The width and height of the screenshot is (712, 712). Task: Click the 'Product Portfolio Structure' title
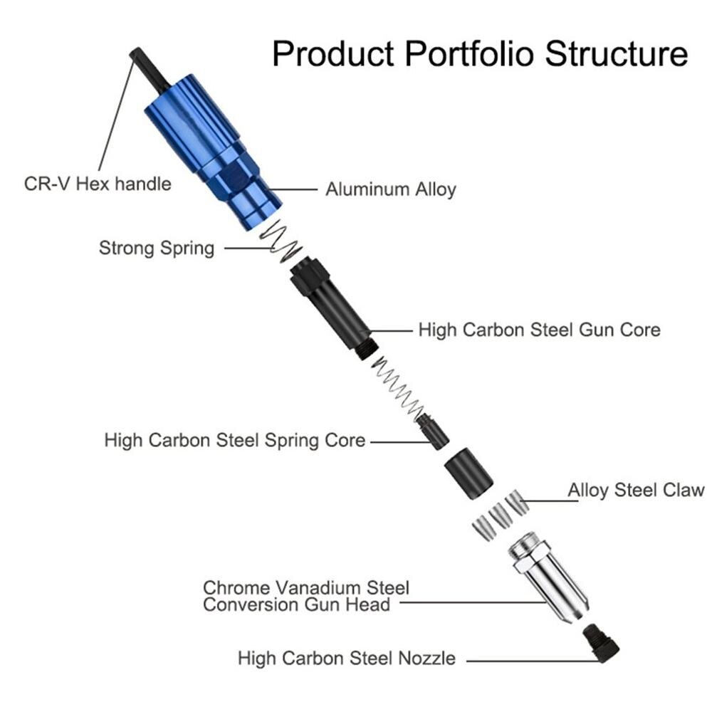[x=479, y=53]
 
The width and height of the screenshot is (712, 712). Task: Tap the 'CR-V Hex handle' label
[x=98, y=184]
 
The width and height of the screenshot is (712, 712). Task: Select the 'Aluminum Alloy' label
[x=390, y=189]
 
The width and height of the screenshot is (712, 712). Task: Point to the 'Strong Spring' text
[x=156, y=248]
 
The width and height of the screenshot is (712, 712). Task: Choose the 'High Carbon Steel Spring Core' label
[x=234, y=440]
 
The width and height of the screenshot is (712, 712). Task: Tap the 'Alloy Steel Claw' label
[x=635, y=490]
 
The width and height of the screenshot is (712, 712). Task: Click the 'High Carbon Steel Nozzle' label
[x=346, y=658]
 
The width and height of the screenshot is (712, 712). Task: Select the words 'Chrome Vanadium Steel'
[x=306, y=588]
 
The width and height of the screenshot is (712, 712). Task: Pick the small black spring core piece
[x=432, y=431]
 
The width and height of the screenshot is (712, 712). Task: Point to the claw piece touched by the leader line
[x=518, y=503]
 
